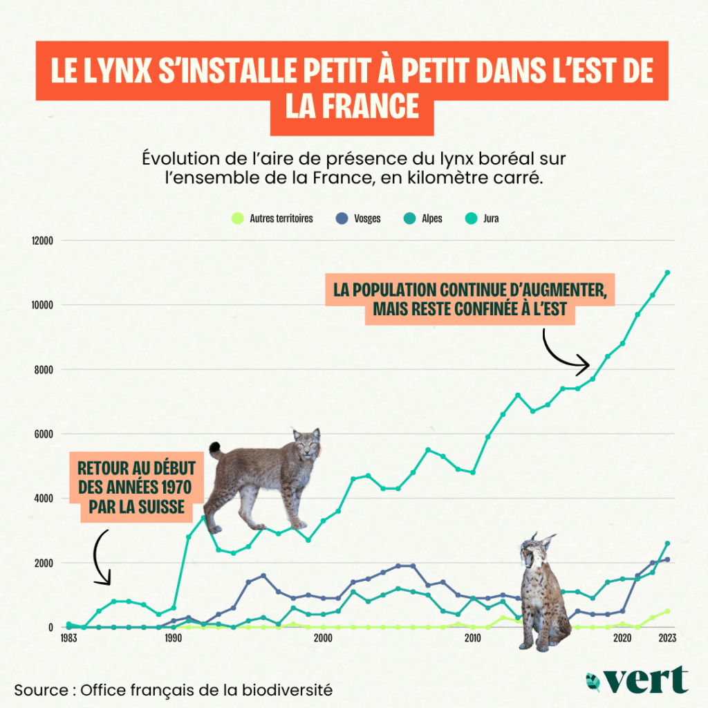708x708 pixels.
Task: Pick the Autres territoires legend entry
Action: pos(276,218)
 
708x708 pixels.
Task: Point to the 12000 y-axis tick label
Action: pos(41,241)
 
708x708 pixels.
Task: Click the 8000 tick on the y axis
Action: pos(43,369)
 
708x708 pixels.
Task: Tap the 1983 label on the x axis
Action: pos(68,638)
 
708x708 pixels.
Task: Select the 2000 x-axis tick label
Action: pos(323,638)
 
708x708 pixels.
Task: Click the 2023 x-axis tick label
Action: pos(667,638)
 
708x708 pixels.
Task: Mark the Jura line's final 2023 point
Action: pos(667,272)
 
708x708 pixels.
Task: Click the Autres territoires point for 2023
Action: pos(667,611)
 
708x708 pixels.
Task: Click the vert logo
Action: pos(636,680)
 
